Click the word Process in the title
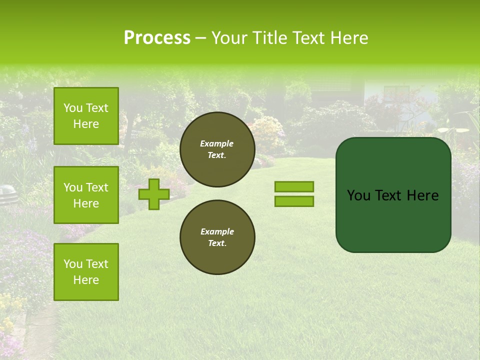tap(157, 38)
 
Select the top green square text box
tap(86, 116)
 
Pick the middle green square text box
tap(86, 195)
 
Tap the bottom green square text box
tap(86, 272)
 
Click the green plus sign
tap(153, 194)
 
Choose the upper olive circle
tap(217, 149)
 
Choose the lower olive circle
tap(217, 237)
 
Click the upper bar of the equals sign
tap(294, 186)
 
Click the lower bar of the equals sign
tap(294, 201)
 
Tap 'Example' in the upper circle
tap(216, 143)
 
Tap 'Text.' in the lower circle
tap(217, 243)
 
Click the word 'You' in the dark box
tap(358, 195)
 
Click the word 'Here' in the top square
tap(86, 124)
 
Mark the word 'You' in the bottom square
tap(72, 264)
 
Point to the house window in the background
tap(396, 93)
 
